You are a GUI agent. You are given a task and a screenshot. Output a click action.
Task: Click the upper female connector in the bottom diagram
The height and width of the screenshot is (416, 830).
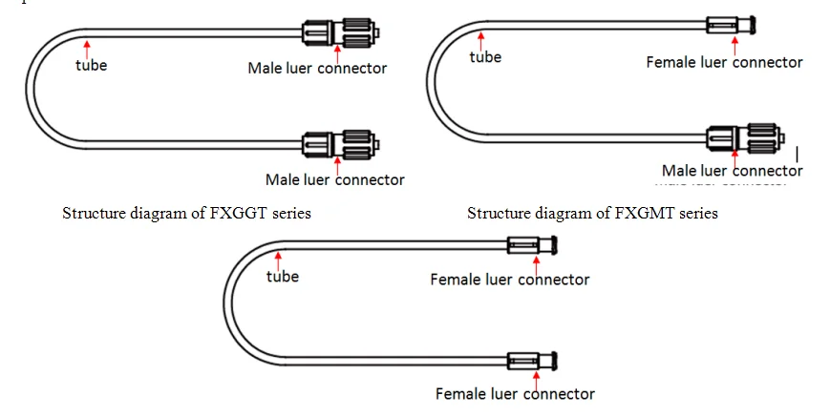[531, 247]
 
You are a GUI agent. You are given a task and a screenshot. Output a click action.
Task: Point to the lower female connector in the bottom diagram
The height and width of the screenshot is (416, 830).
[531, 361]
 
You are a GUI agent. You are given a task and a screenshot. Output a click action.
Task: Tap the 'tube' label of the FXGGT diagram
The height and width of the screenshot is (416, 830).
[92, 66]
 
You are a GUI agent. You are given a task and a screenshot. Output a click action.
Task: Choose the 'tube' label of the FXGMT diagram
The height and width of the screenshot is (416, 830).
[485, 57]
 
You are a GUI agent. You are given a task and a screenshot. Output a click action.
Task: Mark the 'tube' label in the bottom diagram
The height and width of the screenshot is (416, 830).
[282, 277]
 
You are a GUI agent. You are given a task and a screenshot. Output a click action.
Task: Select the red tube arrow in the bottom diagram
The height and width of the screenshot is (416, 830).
[277, 259]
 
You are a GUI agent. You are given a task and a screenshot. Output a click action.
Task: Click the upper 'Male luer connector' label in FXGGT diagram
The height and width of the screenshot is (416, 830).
[317, 68]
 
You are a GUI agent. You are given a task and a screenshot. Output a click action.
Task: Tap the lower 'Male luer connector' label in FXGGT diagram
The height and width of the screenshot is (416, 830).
[334, 179]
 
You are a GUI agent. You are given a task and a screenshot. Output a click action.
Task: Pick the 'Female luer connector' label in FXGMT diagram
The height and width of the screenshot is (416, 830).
[724, 62]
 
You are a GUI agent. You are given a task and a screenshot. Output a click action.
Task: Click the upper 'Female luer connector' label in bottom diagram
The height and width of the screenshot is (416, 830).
[509, 280]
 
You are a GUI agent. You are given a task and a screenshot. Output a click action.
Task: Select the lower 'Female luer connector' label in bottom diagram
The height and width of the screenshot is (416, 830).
[515, 393]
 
